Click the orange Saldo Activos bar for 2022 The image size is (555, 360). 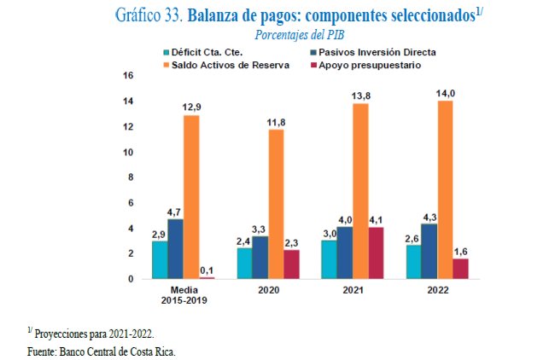tap(445, 189)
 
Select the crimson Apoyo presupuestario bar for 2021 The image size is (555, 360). tap(377, 253)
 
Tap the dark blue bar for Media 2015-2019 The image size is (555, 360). tap(175, 248)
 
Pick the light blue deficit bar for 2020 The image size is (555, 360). tap(244, 263)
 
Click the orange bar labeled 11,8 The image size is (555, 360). tap(276, 204)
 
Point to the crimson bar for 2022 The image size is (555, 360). tap(460, 268)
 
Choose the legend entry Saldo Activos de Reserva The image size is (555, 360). tap(226, 65)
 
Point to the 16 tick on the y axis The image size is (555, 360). tap(130, 76)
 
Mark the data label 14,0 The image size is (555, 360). tap(446, 94)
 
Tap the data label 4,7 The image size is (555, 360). tap(175, 212)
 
